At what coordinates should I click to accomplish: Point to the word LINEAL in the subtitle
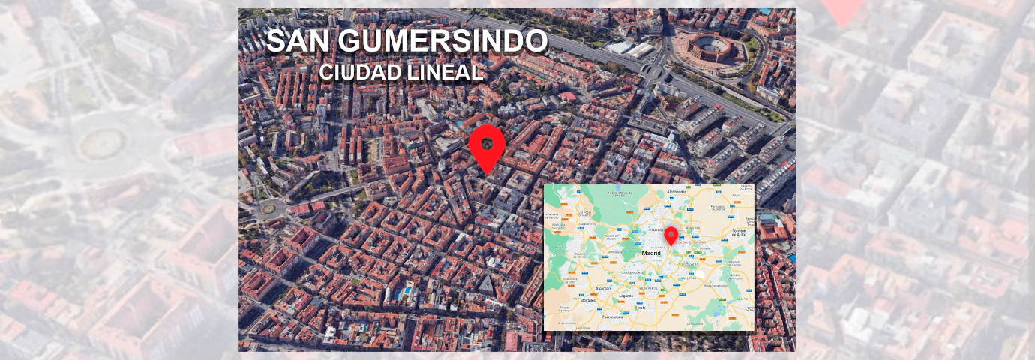(446, 72)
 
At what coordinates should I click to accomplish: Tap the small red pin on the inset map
(671, 234)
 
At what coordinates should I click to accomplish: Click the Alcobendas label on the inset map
(676, 192)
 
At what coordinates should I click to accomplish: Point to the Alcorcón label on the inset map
(603, 288)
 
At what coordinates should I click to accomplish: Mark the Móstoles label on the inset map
(588, 300)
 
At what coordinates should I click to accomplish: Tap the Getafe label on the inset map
(640, 307)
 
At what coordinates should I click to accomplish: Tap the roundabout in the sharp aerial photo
(268, 208)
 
